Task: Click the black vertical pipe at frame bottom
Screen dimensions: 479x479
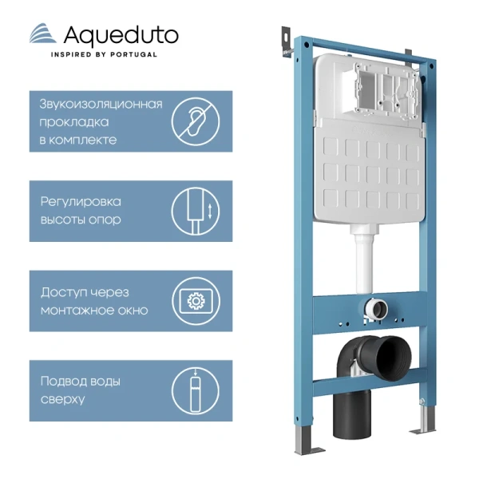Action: coord(351,415)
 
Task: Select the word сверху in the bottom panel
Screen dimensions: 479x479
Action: coord(61,399)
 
